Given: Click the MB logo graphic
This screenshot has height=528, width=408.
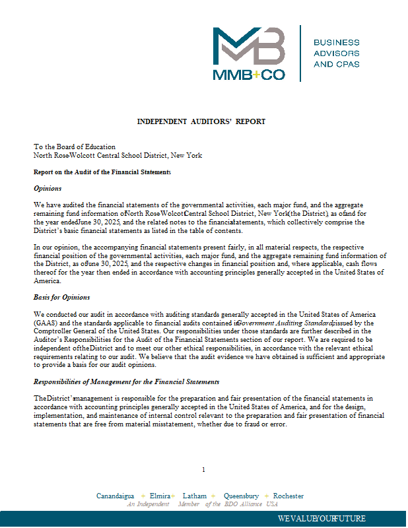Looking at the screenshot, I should click(249, 46).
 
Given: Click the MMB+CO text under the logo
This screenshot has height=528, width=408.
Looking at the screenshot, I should click(249, 75).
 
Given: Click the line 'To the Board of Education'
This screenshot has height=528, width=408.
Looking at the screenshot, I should click(75, 147).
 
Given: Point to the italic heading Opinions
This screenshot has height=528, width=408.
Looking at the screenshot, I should click(48, 188).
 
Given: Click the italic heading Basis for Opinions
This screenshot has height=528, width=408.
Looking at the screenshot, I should click(62, 297).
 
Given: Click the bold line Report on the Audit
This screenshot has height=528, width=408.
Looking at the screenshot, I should click(102, 172).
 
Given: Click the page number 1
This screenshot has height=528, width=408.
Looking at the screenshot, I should click(203, 469).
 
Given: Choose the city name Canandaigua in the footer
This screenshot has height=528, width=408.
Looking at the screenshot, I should click(116, 496).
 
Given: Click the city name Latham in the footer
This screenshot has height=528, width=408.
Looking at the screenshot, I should click(194, 496).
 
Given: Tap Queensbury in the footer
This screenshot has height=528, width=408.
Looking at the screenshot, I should click(241, 496).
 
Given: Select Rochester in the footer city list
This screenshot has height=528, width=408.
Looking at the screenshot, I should click(289, 496).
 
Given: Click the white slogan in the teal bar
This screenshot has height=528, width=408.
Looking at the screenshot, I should click(322, 518).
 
